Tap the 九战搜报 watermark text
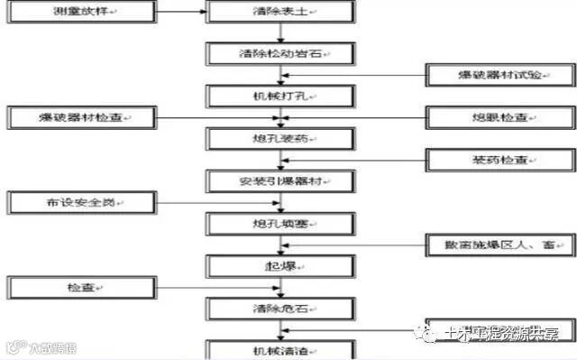pos(45,346)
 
